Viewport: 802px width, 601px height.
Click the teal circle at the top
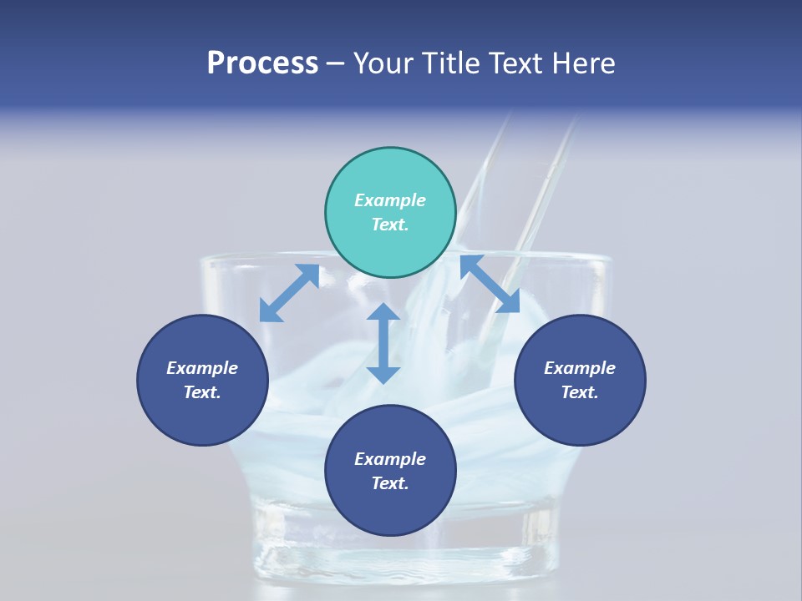(390, 212)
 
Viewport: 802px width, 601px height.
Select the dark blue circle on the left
(202, 380)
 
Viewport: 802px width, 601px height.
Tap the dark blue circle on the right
(580, 380)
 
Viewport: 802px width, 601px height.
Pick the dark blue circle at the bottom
(390, 471)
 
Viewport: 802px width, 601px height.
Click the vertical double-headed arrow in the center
(383, 343)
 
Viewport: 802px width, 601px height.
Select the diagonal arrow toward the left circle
(289, 293)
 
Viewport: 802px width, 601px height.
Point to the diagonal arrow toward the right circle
(490, 284)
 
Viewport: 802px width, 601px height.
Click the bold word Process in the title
(262, 63)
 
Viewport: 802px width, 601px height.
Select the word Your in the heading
(384, 63)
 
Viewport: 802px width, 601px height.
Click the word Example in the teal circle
(390, 200)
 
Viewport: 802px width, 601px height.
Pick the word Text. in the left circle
(202, 392)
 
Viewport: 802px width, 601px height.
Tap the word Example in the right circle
(580, 368)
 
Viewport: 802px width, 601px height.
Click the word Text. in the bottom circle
(390, 483)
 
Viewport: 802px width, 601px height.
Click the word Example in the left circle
(202, 368)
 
